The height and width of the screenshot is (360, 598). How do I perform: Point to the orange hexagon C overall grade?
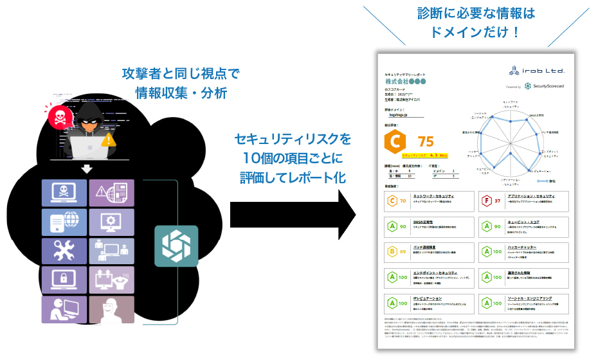393,141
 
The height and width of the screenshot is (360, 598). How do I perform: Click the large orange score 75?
426,141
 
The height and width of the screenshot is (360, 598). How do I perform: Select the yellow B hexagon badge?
390,251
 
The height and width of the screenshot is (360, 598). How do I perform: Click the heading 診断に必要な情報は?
476,13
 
